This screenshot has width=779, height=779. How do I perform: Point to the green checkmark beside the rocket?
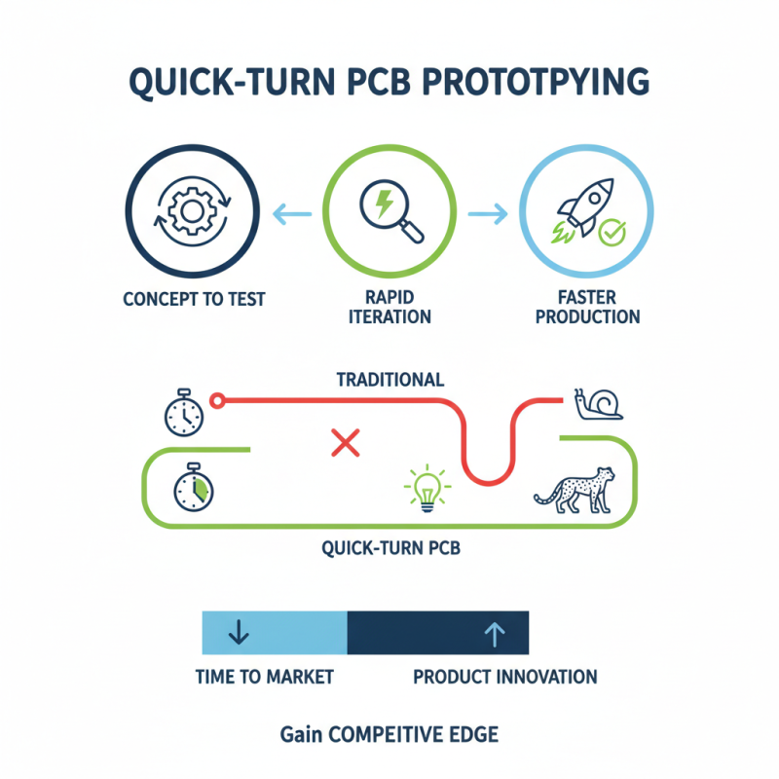pos(612,232)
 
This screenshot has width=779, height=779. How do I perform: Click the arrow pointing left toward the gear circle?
pos(288,210)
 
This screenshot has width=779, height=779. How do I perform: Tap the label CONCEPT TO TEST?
pos(194,299)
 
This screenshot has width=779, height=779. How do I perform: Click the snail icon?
pos(598,403)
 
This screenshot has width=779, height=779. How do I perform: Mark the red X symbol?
pos(345,444)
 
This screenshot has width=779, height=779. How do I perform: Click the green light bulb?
pos(426,487)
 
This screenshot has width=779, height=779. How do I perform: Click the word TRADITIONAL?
pos(389,379)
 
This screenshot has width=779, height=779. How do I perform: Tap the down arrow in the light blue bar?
pos(238,634)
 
